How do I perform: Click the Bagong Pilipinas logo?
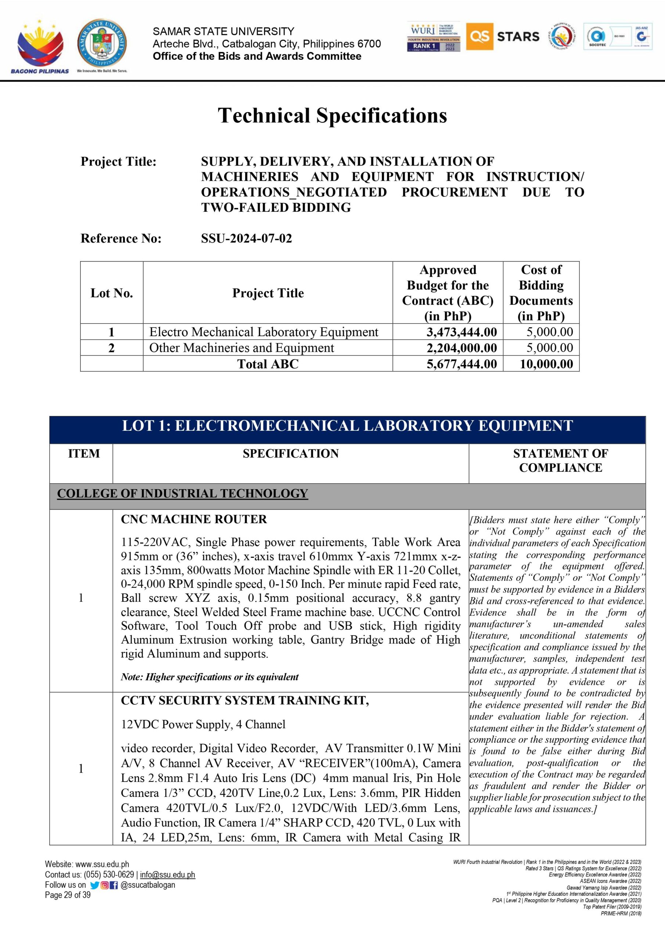[x=40, y=47]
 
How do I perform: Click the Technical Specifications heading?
[x=332, y=115]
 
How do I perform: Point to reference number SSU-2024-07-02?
[x=246, y=238]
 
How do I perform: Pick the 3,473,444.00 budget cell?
[x=462, y=332]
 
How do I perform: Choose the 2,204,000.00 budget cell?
[x=462, y=348]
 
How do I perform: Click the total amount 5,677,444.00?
[x=462, y=364]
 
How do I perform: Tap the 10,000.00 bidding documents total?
[x=546, y=364]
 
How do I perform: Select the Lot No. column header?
[x=112, y=293]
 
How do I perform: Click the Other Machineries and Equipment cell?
[x=242, y=348]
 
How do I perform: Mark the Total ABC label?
[x=268, y=364]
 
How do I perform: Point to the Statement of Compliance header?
[x=560, y=460]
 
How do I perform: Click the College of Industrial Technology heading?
[x=182, y=493]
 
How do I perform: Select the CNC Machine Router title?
[x=194, y=519]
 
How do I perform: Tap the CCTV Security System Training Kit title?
[x=245, y=701]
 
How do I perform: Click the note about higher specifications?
[x=210, y=677]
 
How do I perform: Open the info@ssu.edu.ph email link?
[x=167, y=875]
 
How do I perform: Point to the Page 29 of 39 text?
[x=68, y=895]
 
